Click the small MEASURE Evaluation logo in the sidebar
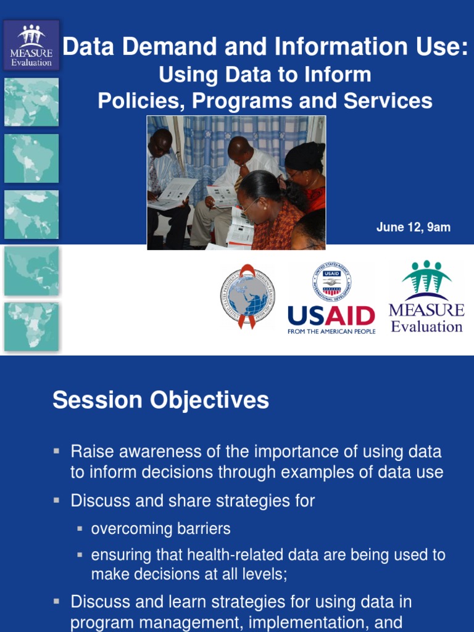click(31, 45)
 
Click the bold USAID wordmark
click(331, 316)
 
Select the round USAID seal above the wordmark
click(331, 282)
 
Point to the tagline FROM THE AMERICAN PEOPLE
click(331, 331)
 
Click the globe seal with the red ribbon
click(247, 296)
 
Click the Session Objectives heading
click(160, 400)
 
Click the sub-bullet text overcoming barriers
click(160, 529)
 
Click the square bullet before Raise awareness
click(57, 451)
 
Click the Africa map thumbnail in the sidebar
click(31, 326)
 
